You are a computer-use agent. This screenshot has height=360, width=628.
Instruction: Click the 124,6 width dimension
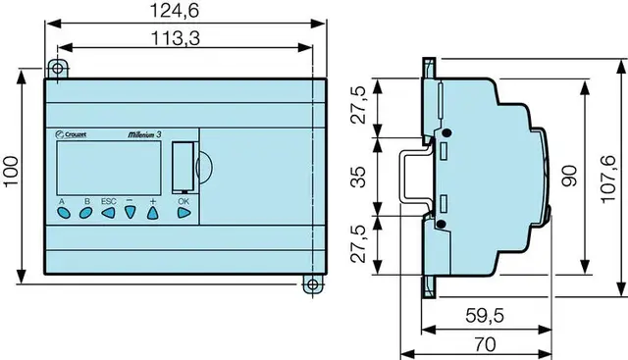175,11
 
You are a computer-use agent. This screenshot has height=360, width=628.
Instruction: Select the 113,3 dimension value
176,39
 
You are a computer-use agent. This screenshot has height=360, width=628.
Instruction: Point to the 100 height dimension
11,171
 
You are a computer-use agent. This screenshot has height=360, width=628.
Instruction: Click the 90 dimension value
569,176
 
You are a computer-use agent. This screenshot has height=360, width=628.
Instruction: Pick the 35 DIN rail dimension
358,177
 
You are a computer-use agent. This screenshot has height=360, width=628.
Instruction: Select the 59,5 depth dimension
485,316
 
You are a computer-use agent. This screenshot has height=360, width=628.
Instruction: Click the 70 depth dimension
485,344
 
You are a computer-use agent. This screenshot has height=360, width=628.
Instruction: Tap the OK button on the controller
183,213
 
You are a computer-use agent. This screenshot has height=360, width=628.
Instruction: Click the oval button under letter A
64,213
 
